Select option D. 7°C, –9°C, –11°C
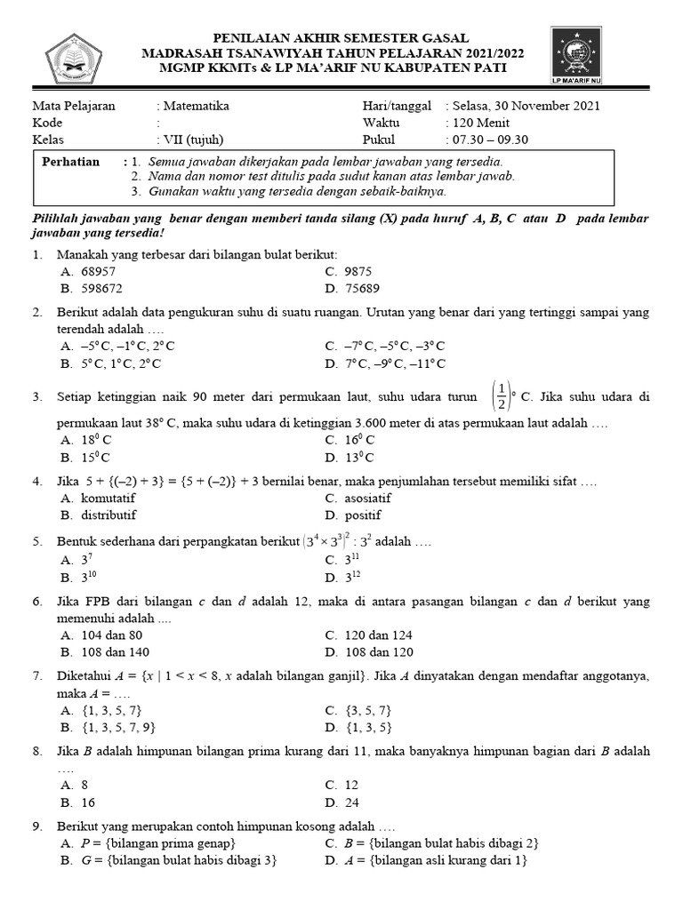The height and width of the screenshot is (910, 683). (385, 363)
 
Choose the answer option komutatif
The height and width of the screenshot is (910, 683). (99, 498)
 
